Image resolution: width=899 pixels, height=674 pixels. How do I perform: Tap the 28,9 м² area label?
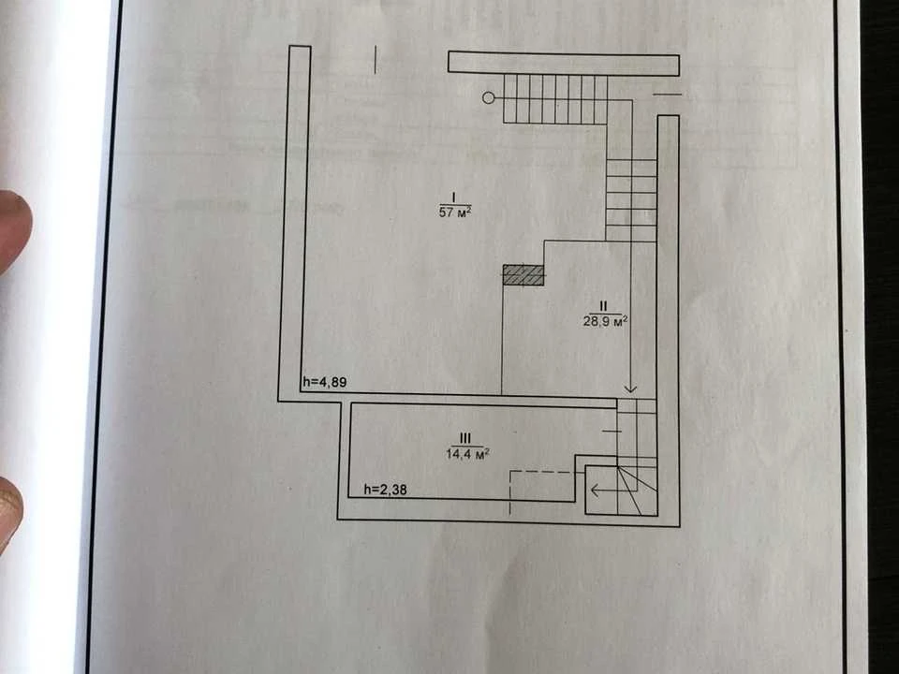point(605,321)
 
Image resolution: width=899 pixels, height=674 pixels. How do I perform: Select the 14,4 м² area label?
point(467,454)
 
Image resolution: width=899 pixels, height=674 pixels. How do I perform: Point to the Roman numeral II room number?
point(603,307)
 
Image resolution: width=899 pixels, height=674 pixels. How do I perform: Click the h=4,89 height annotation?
point(325,382)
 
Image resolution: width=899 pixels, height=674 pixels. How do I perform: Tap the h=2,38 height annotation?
point(386,490)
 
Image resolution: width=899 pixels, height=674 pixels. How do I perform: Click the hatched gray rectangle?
point(523,274)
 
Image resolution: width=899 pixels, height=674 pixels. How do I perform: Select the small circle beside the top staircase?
point(489,98)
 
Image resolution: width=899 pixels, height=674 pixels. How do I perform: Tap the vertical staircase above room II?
point(631,200)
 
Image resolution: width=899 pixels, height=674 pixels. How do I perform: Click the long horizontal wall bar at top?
point(564,63)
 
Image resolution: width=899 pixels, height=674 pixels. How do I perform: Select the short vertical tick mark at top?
point(376,60)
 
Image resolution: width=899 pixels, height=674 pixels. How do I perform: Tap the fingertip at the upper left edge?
point(12,229)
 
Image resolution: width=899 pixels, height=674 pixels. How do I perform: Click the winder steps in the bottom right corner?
point(637,491)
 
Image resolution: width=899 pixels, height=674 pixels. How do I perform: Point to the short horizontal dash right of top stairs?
point(668,94)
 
